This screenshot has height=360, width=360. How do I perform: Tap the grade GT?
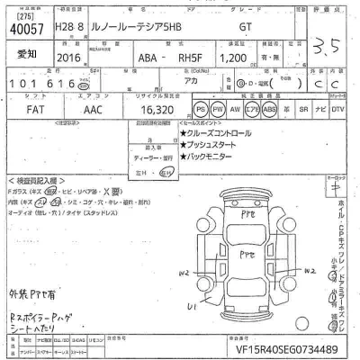(x=244, y=28)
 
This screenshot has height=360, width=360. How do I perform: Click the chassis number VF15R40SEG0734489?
(x=286, y=347)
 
